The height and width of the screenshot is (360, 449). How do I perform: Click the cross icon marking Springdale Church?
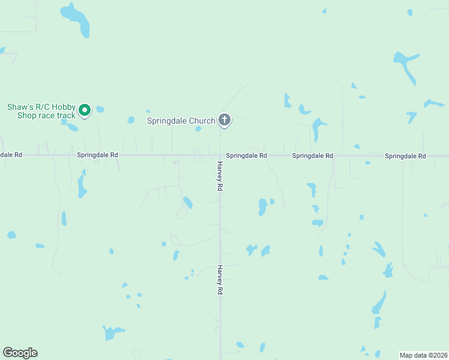click(x=224, y=120)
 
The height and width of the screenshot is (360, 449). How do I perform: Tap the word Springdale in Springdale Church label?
click(x=167, y=121)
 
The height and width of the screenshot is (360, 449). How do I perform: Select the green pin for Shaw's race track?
click(x=85, y=110)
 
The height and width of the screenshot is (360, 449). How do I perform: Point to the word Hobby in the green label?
click(x=62, y=107)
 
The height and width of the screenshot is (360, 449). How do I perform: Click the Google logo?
click(x=20, y=353)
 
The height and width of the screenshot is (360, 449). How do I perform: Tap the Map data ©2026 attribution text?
click(x=424, y=355)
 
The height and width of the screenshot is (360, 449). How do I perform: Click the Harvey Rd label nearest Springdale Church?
click(x=220, y=176)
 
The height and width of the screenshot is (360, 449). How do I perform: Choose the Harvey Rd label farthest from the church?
click(x=220, y=280)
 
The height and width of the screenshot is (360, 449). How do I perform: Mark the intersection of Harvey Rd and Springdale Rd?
click(x=220, y=155)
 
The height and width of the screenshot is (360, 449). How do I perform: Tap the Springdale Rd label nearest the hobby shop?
click(x=97, y=155)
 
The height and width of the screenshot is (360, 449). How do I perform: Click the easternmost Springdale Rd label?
click(x=405, y=156)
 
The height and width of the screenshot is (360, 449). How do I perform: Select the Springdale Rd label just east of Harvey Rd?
click(x=247, y=155)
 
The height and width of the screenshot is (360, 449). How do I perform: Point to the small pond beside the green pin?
click(x=100, y=109)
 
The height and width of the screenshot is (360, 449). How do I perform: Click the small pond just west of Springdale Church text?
click(x=130, y=120)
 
